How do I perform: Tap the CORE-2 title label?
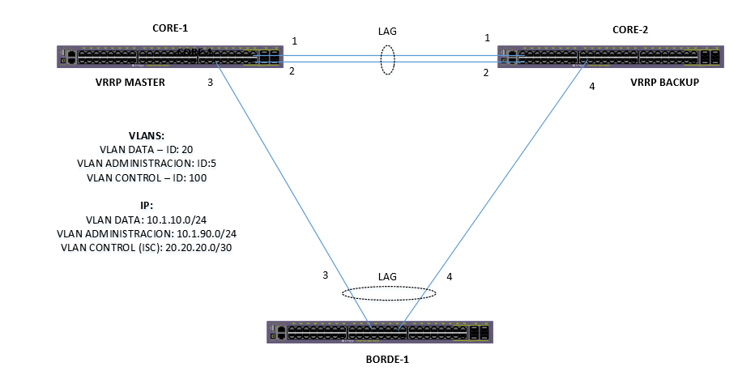[631, 29]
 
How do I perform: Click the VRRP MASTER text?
[130, 81]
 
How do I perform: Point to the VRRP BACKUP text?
[664, 83]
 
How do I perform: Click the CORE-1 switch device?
[171, 57]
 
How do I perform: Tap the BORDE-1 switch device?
[379, 331]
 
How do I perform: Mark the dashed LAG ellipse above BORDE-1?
[388, 293]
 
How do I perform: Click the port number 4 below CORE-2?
[592, 87]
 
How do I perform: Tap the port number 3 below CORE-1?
[211, 82]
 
